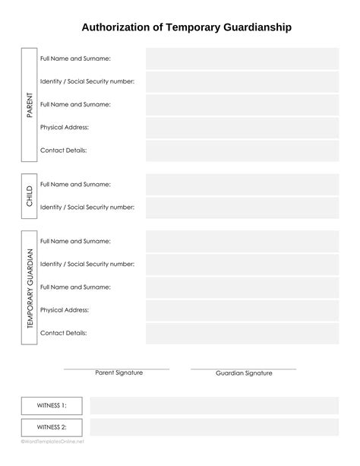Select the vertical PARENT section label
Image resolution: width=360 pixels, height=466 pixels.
pyautogui.click(x=30, y=105)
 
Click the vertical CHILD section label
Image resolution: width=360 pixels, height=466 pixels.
pyautogui.click(x=30, y=196)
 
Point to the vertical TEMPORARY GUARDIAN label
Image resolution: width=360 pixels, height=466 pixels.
pyautogui.click(x=30, y=288)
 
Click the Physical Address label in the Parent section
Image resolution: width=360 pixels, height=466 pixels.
pyautogui.click(x=65, y=127)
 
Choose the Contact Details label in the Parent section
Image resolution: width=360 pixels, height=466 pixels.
pyautogui.click(x=63, y=151)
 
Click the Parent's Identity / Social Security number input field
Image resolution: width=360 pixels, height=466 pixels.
pyautogui.click(x=242, y=81)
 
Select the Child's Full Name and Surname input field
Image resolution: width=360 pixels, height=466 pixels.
pyautogui.click(x=242, y=184)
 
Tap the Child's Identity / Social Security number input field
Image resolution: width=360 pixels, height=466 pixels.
pyautogui.click(x=242, y=207)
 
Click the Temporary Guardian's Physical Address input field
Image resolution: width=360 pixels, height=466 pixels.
pyautogui.click(x=242, y=310)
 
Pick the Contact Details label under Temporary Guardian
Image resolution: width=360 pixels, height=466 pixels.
pyautogui.click(x=63, y=333)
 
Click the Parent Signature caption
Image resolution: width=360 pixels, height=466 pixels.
pyautogui.click(x=116, y=373)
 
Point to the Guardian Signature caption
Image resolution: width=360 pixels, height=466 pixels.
pyautogui.click(x=244, y=373)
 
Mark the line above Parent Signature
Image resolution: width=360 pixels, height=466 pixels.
pyautogui.click(x=116, y=369)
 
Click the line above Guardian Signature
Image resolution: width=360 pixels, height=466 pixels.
pyautogui.click(x=243, y=369)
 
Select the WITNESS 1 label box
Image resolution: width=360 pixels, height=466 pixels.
pyautogui.click(x=52, y=406)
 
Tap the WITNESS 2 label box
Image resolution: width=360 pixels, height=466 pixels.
pyautogui.click(x=52, y=427)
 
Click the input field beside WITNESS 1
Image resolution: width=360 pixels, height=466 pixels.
pyautogui.click(x=214, y=406)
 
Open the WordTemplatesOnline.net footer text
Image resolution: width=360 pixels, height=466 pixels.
pyautogui.click(x=52, y=442)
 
